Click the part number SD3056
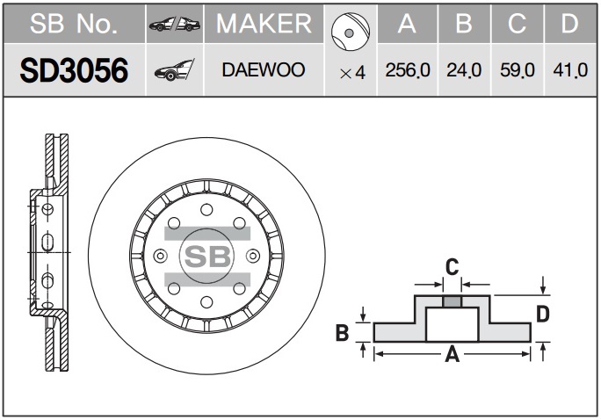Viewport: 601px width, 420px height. pos(74,69)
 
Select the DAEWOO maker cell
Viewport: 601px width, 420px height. pos(264,69)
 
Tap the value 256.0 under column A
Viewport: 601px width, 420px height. pos(408,70)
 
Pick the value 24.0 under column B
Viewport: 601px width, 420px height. pos(464,70)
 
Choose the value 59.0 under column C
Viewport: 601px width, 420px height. pos(518,70)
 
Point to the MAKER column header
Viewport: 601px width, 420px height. pos(264,24)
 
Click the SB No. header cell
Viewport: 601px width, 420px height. pos(74,25)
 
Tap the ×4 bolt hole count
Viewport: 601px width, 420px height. pos(351,72)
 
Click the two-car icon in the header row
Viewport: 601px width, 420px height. pos(174,25)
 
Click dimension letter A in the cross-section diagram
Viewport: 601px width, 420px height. pos(453,354)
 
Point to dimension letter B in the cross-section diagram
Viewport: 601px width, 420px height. pos(344,332)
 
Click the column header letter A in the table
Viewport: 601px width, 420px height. pos(407,24)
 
